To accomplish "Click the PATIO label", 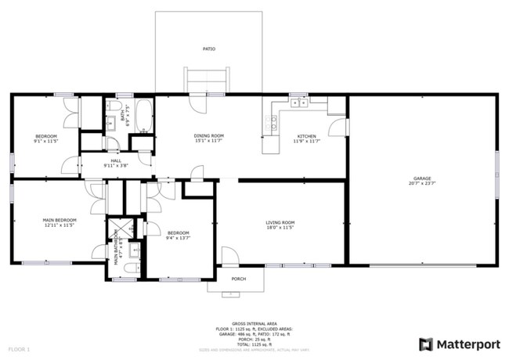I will [209, 49].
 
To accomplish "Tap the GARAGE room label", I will [422, 178].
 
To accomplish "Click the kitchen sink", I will [298, 102].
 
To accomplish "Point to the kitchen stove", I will [273, 122].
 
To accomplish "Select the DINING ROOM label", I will [209, 136].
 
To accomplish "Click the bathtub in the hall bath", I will [144, 115].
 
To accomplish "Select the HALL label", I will [116, 160].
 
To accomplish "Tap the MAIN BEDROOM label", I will [59, 220].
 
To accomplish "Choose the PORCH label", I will [238, 279].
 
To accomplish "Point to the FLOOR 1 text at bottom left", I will [19, 348].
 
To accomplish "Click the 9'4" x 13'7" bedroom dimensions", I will [178, 237].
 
